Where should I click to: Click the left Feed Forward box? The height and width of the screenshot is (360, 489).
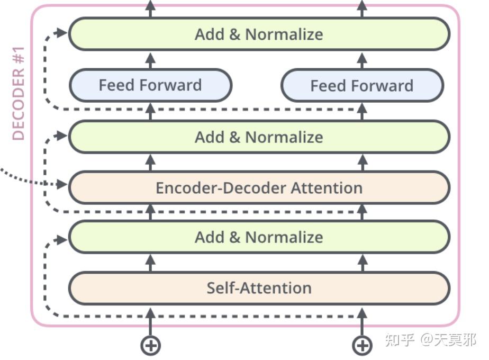(x=150, y=85)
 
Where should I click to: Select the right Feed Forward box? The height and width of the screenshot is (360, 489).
(x=362, y=85)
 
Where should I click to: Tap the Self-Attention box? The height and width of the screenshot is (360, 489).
(x=259, y=288)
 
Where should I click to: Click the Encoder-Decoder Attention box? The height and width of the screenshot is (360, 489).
(x=259, y=187)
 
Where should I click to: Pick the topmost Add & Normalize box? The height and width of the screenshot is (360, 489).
(x=259, y=34)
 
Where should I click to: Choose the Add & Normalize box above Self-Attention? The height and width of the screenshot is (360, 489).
(x=259, y=237)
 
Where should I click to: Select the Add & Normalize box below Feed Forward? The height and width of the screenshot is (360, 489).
(x=259, y=137)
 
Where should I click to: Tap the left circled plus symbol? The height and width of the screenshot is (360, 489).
(x=150, y=346)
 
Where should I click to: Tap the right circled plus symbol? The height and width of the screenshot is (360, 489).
(x=362, y=346)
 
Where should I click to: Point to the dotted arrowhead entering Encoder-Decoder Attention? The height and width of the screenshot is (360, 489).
(x=62, y=184)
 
